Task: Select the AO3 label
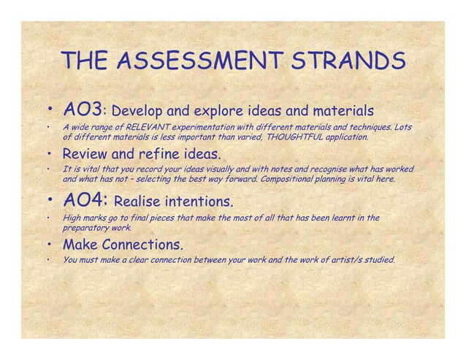point(82,111)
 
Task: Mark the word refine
point(156,154)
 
